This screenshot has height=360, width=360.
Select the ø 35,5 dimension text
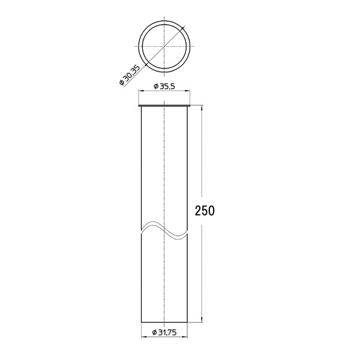164,86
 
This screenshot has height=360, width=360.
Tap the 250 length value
205,211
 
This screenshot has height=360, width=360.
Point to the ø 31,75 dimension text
164,332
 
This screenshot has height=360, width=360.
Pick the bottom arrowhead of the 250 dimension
202,320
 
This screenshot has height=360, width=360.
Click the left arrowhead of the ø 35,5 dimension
140,91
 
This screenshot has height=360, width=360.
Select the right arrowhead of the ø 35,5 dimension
188,91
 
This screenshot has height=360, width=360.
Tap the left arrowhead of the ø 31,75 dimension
143,337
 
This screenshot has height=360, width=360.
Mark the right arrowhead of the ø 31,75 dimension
185,337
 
